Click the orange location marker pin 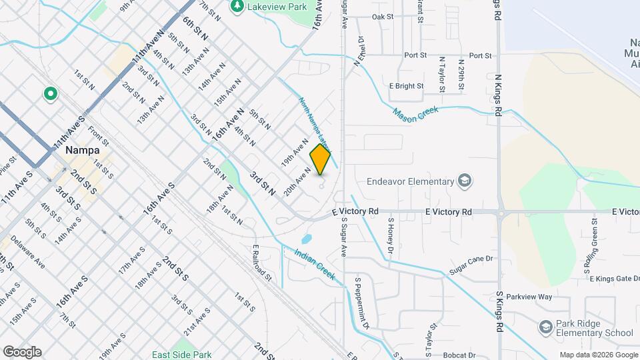click(x=320, y=161)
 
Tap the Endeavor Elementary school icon click(x=465, y=181)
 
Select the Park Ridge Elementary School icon click(x=545, y=327)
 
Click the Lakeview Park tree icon click(x=236, y=6)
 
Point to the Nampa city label click(x=83, y=151)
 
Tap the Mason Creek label click(x=413, y=115)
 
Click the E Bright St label click(x=406, y=86)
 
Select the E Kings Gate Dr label click(x=614, y=278)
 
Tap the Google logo click(x=22, y=351)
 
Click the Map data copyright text click(x=597, y=355)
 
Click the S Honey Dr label click(x=391, y=231)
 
